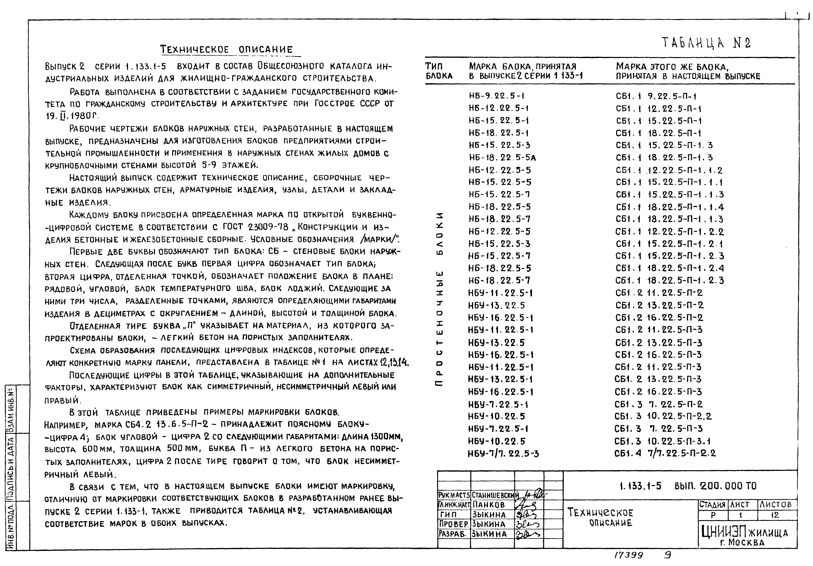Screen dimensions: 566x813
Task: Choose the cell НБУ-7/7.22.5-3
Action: (x=503, y=453)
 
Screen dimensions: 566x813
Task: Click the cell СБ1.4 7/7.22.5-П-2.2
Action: (x=665, y=453)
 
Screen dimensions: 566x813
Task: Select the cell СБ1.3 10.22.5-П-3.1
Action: (x=663, y=441)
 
